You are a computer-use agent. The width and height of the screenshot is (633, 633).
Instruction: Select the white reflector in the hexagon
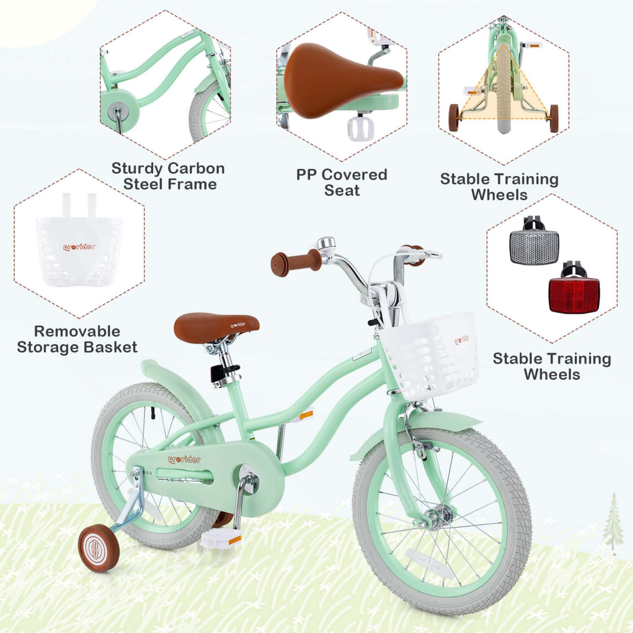(534, 247)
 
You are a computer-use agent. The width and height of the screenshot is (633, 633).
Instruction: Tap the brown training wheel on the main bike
(99, 548)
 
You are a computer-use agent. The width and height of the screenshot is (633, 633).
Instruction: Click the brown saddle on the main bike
(216, 326)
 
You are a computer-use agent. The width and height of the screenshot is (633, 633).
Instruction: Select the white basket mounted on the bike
(430, 354)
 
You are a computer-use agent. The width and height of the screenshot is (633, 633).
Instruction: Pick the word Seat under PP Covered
(342, 190)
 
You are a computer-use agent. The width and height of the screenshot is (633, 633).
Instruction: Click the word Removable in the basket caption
(77, 331)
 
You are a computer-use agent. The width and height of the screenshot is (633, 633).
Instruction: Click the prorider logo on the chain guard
(184, 460)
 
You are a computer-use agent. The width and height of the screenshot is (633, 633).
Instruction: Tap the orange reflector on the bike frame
(306, 415)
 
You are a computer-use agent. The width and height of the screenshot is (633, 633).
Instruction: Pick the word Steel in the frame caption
(143, 184)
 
